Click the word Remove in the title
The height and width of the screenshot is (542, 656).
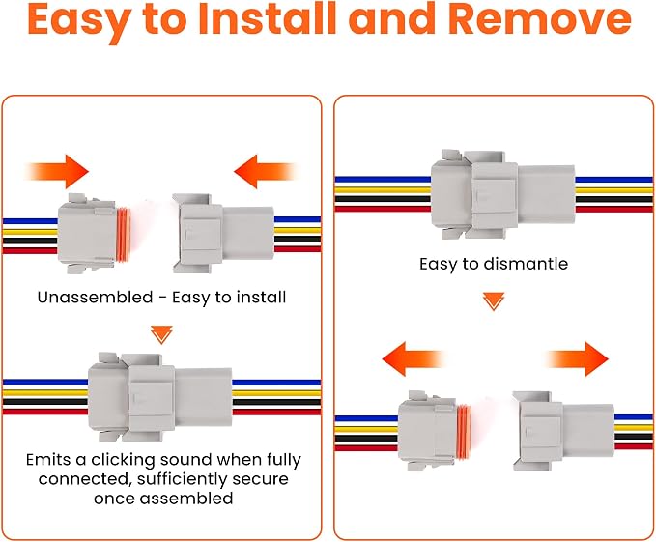tap(539, 19)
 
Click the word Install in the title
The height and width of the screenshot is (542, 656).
tap(268, 19)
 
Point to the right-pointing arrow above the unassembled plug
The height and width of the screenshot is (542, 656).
tap(57, 171)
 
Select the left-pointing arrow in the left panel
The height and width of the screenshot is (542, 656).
tap(265, 171)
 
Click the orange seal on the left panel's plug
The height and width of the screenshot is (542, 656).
tap(123, 232)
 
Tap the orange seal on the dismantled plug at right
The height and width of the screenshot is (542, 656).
tap(463, 430)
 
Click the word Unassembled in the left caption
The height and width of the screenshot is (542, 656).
tap(95, 298)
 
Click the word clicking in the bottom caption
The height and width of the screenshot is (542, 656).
tap(123, 460)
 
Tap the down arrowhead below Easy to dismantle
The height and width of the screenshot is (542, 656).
tap(494, 301)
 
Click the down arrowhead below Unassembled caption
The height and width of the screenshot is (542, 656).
tap(161, 334)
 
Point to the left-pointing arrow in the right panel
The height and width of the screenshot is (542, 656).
tap(414, 358)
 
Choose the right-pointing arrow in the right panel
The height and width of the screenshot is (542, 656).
tap(578, 358)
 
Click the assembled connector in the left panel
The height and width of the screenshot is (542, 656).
tap(159, 397)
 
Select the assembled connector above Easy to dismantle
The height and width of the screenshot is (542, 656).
tap(503, 194)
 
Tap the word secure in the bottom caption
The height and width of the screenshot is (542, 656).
tap(260, 479)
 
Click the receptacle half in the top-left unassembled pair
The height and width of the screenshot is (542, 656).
tap(223, 234)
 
